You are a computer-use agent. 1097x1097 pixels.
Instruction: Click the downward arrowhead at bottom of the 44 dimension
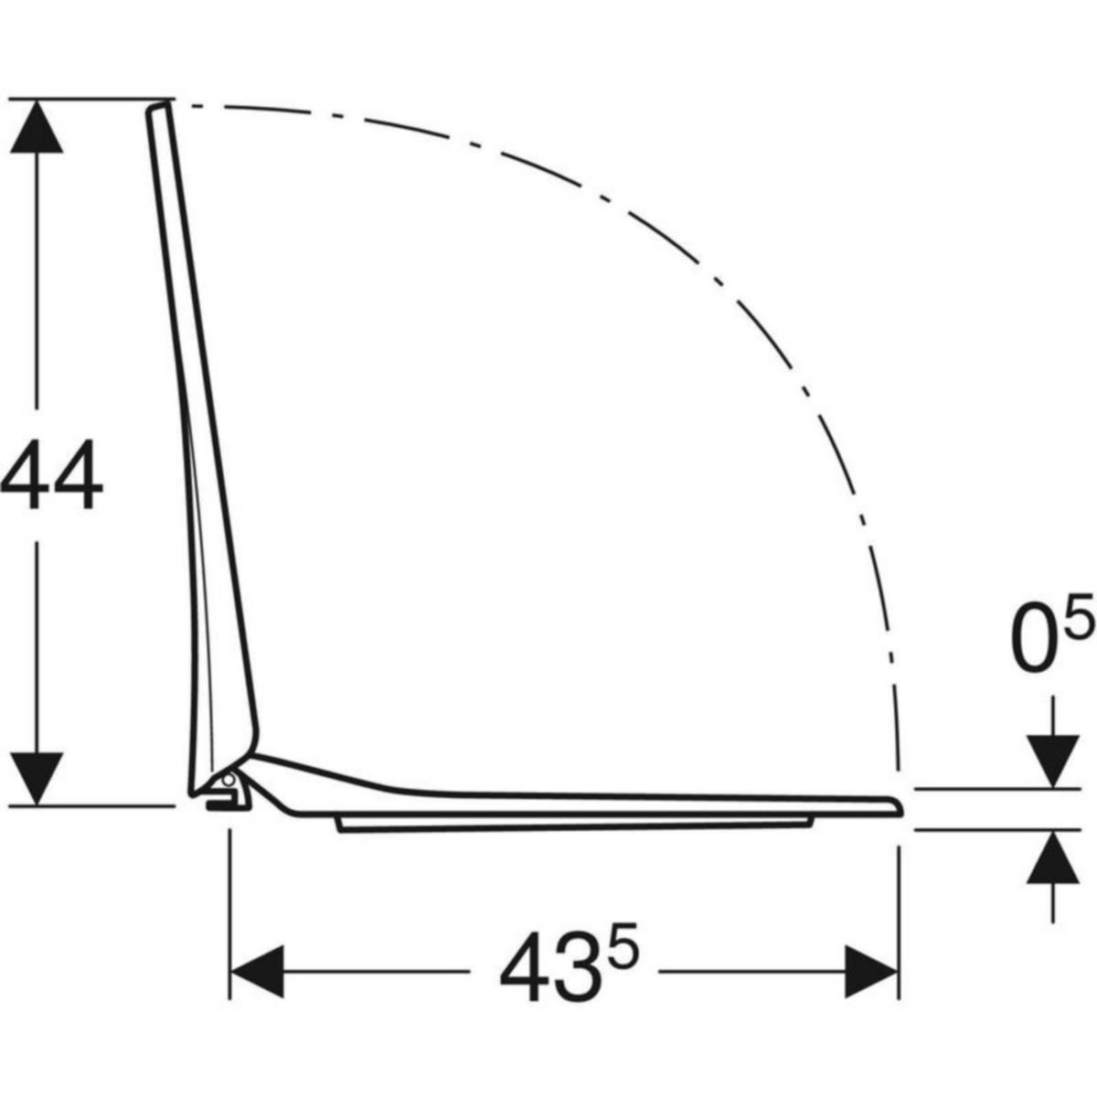click(x=37, y=777)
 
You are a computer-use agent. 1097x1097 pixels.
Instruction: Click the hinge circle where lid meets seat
click(x=228, y=780)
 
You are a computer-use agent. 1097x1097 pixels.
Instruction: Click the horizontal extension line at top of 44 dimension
click(x=91, y=99)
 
